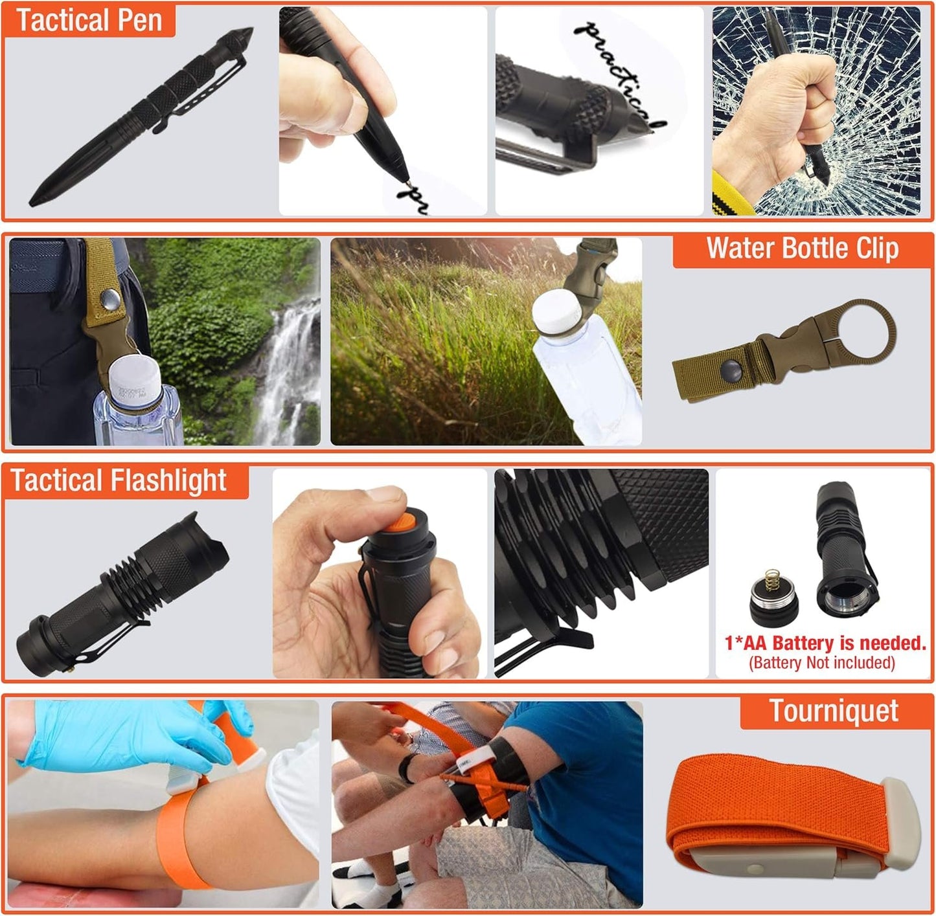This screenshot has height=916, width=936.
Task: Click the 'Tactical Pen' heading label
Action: click(89, 20)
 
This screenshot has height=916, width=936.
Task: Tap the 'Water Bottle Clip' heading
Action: click(802, 249)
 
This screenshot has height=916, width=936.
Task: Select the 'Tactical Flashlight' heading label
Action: click(119, 481)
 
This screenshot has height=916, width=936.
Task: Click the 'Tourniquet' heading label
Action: click(833, 711)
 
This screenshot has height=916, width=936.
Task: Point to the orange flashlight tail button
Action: click(407, 522)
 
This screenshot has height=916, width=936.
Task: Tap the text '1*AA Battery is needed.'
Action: click(825, 643)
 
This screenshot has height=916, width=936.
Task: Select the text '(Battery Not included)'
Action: click(821, 663)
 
